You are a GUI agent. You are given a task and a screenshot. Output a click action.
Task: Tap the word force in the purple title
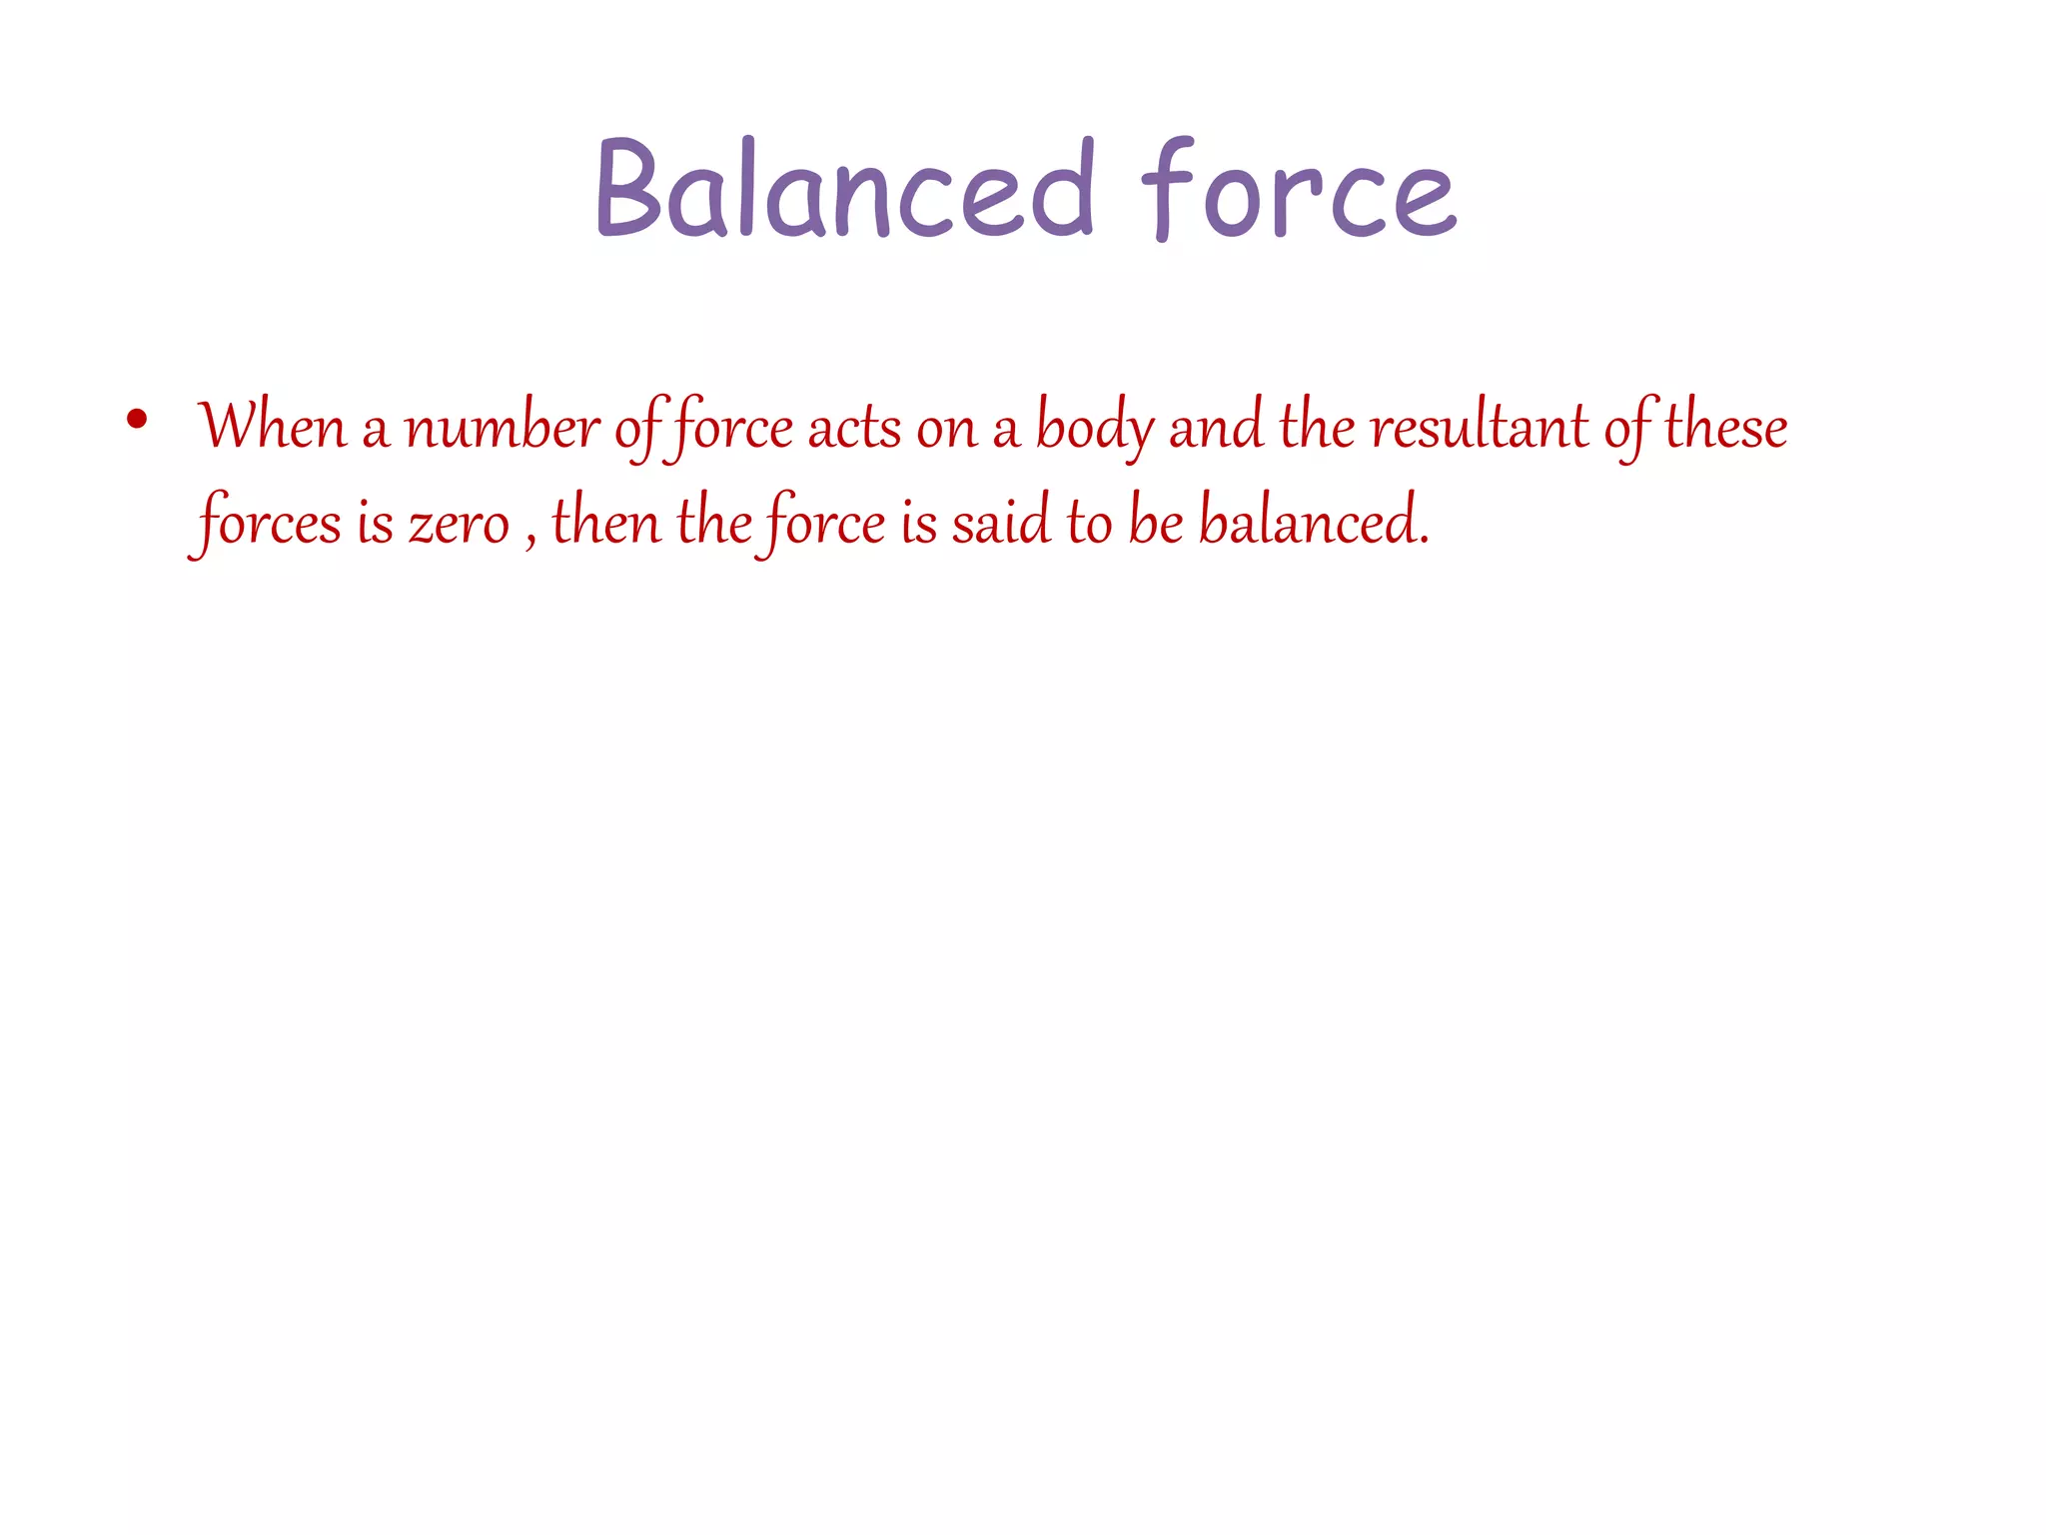click(1298, 190)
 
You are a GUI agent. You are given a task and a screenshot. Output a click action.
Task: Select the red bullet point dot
click(138, 419)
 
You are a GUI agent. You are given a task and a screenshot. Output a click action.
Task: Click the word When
click(272, 427)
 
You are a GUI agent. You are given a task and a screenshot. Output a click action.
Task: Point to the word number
click(502, 427)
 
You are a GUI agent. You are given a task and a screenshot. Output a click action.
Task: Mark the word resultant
click(1480, 427)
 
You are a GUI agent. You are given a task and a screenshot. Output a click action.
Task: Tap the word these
click(1725, 427)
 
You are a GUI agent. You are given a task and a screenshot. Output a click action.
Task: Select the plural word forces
click(268, 522)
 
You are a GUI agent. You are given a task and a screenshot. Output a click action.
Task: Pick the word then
click(606, 522)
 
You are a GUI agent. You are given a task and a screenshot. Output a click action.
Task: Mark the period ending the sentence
click(1424, 541)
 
